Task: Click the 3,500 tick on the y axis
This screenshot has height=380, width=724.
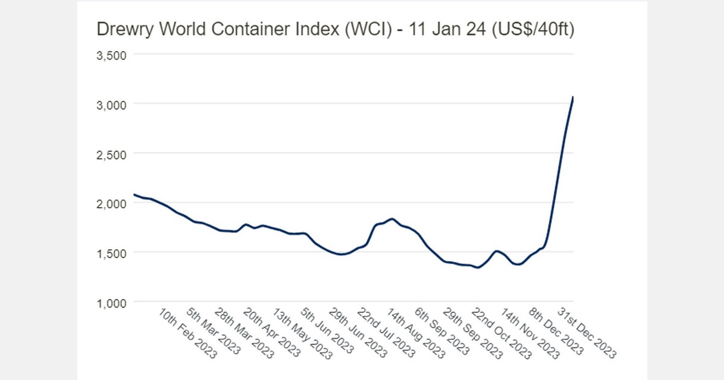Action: pos(111,55)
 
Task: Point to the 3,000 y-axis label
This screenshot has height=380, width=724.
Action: pos(111,104)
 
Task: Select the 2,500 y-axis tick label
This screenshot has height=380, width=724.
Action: pos(111,154)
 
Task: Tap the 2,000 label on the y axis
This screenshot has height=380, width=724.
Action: pos(111,203)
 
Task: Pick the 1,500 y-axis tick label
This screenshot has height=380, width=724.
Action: pos(111,253)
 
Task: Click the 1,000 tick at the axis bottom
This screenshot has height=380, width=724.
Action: pos(111,302)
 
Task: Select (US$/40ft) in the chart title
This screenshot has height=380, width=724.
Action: pos(532,30)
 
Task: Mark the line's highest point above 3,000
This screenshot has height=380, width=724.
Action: pos(573,97)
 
